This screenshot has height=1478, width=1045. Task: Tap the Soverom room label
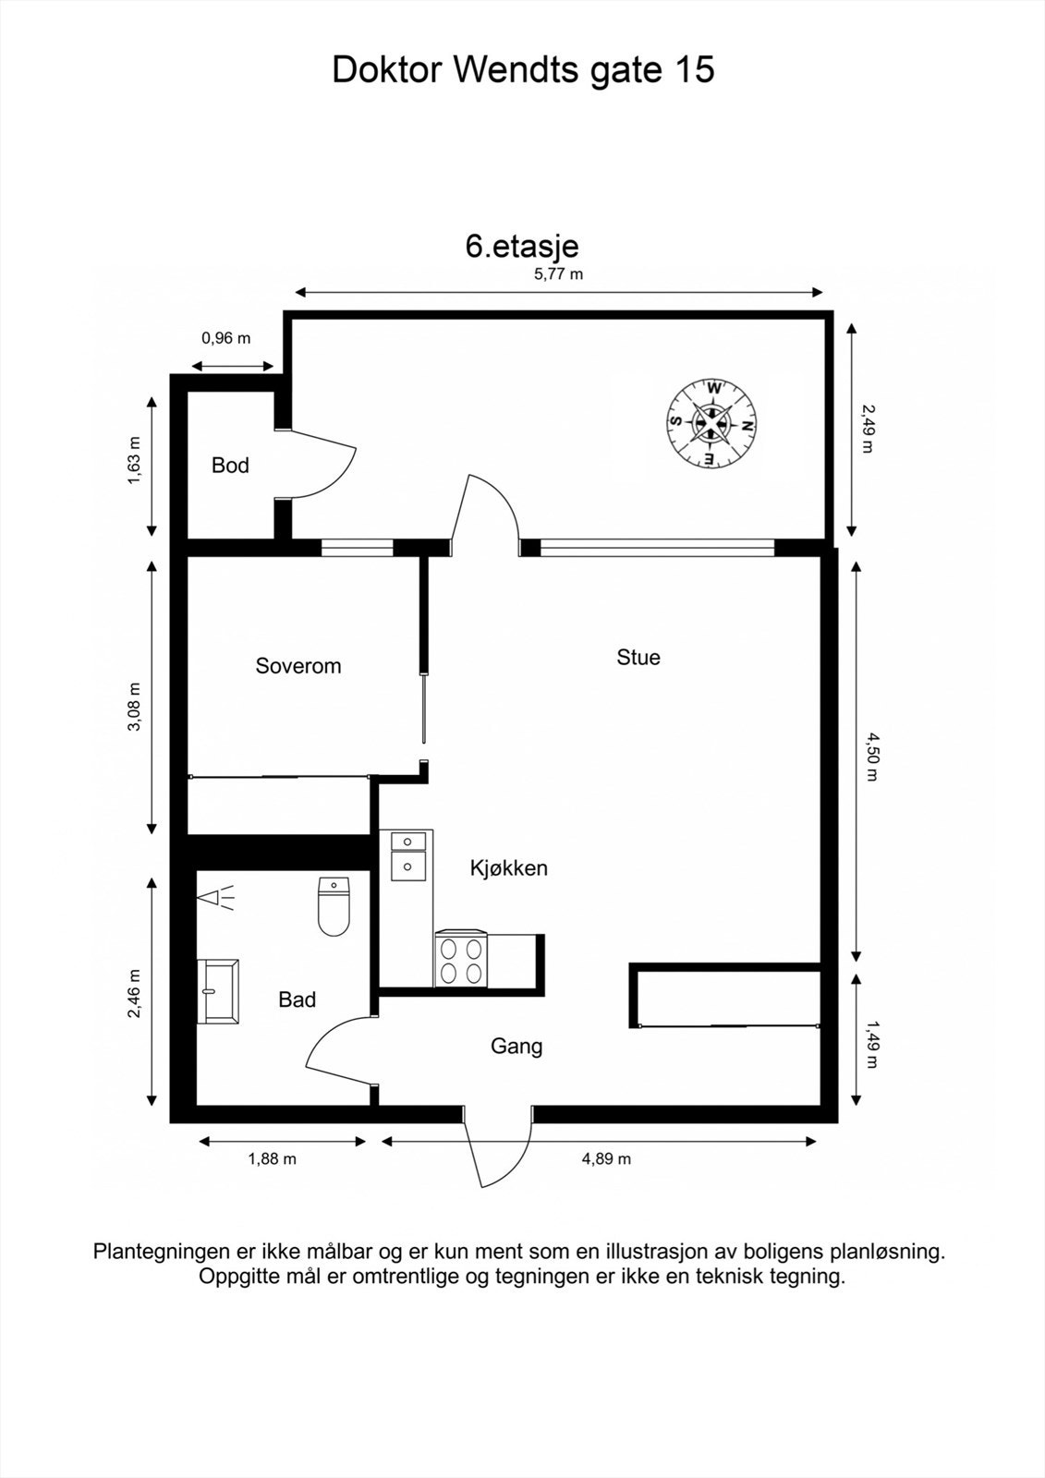click(x=298, y=666)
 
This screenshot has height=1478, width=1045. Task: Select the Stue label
click(x=638, y=657)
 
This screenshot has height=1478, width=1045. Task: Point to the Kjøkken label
click(x=509, y=867)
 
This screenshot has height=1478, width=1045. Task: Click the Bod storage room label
click(x=230, y=466)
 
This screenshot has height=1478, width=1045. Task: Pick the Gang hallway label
click(x=516, y=1046)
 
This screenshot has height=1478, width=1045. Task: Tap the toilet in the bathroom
click(x=334, y=906)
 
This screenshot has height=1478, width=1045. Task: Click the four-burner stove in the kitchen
click(x=461, y=960)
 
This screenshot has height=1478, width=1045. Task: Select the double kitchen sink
click(x=408, y=855)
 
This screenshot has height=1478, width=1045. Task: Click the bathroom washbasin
click(x=218, y=991)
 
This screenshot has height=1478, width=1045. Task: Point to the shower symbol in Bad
click(x=215, y=898)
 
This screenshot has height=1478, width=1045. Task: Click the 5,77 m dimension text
click(x=558, y=273)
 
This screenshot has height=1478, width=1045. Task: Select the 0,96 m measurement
click(x=225, y=338)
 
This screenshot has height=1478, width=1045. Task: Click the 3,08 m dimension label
click(x=135, y=707)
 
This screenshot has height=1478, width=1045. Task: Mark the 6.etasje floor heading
click(x=522, y=247)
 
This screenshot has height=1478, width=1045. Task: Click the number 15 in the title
click(x=694, y=69)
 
